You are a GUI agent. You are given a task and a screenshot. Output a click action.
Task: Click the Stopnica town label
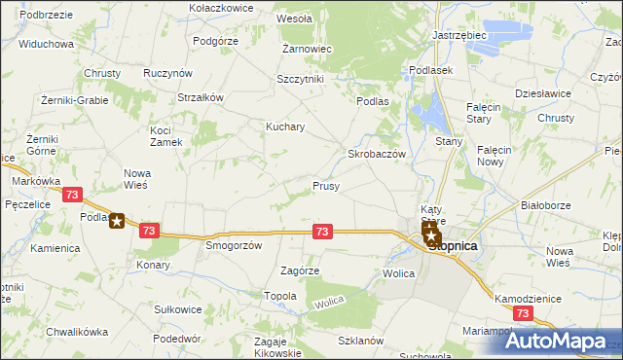pos(454,246)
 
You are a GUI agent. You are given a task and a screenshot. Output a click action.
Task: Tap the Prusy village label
pos(325,185)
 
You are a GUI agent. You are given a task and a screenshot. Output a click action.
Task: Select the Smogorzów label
pos(234,246)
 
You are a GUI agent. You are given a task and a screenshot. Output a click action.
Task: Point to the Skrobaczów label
pos(377,155)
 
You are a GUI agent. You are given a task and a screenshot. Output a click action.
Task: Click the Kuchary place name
pos(286,126)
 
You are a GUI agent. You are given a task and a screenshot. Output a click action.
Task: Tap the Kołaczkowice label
pos(222,7)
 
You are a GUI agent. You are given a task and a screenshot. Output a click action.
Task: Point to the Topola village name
pos(279,295)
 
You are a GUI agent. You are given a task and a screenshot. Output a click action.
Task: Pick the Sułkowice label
pos(178,309)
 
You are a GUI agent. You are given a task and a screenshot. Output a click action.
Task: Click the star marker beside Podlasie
pos(117,221)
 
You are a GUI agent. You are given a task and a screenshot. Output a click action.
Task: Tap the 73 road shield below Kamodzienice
pos(524,313)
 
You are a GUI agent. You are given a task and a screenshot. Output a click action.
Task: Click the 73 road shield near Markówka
pos(71,195)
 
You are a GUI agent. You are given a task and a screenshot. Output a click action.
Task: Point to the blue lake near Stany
pos(429,115)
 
